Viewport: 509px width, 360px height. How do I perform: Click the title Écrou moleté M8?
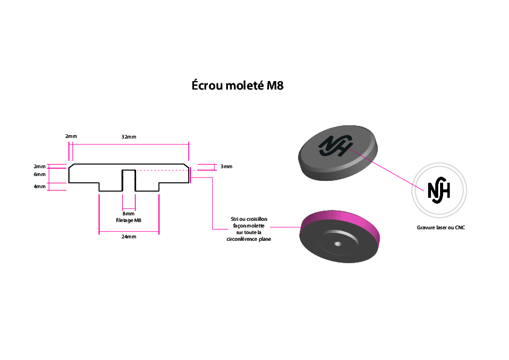coord(238,85)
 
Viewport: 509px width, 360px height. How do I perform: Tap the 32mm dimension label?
coord(129,137)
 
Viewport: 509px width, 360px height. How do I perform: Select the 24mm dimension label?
coord(129,237)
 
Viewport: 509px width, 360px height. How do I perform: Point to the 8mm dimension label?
coord(129,214)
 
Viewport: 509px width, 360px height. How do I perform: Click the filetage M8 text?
coord(129,220)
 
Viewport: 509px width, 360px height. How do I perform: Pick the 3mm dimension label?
coord(226,166)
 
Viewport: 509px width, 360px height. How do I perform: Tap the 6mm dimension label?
coord(40,174)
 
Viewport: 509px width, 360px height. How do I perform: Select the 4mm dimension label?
coord(40,186)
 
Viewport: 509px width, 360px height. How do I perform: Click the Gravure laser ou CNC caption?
coord(441,227)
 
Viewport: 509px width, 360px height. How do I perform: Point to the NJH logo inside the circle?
coord(439,191)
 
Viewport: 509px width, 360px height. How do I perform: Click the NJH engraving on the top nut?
coord(336,146)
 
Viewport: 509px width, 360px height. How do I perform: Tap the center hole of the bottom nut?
coord(338,244)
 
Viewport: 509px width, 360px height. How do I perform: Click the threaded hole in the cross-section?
coord(129,180)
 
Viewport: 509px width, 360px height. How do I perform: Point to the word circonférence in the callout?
coord(242,239)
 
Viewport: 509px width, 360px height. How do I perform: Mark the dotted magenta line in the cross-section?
coord(162,170)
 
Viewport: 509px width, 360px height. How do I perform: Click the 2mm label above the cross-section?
coord(71,136)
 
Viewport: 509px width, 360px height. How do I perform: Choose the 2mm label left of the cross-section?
coord(40,166)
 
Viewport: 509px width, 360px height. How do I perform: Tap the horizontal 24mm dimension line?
coord(129,232)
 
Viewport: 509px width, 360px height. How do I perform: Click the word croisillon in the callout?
coord(257,219)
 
